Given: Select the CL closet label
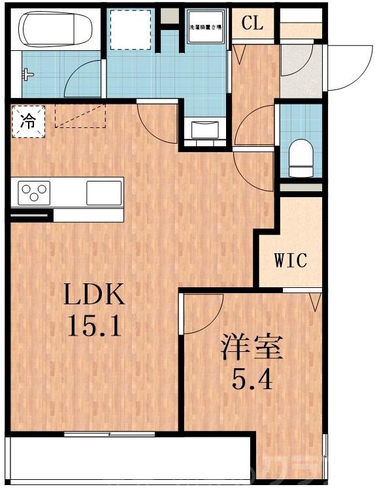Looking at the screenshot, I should coord(252,24).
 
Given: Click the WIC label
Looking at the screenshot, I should coord(289,260).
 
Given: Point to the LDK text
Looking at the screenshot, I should coord(93,297).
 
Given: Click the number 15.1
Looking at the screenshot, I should coord(93,325).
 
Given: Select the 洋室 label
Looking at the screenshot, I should coord(252,347).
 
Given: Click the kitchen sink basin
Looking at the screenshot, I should coord(104,193).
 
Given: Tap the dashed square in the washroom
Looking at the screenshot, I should coord(129,30).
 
